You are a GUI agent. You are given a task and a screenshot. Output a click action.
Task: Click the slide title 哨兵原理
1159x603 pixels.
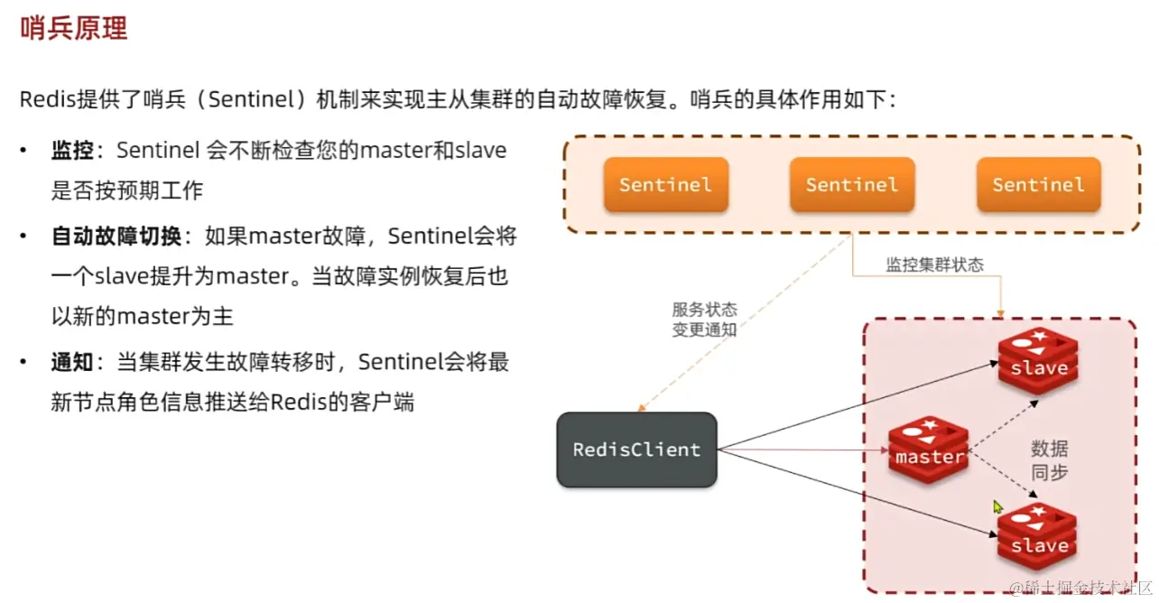coord(73,28)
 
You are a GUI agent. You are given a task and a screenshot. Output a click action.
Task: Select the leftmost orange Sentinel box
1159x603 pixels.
coord(665,185)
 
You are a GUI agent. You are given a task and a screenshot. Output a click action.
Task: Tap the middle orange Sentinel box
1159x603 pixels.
coord(852,185)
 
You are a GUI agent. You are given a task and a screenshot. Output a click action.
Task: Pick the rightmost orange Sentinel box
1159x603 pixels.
coord(1038,185)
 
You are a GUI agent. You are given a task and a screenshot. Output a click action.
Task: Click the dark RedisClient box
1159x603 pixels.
coord(636,450)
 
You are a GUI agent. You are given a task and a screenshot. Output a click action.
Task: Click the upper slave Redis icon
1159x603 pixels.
coord(1038,361)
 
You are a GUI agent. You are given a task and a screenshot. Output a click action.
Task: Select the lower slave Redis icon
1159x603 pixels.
coord(1038,538)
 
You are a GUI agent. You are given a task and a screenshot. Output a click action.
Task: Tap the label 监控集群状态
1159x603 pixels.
coord(934,264)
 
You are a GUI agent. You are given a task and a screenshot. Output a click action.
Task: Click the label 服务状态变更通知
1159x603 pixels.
coord(704,320)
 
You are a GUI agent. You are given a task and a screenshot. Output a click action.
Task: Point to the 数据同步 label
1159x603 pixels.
coord(1049,459)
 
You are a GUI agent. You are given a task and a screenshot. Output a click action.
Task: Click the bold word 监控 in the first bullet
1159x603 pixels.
coord(72,150)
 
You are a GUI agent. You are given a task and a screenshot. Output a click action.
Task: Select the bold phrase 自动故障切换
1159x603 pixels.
coord(117,237)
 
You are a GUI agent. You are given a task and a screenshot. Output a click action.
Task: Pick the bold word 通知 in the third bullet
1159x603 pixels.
coord(72,362)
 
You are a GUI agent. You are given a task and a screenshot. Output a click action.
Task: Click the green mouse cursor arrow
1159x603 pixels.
coord(997,507)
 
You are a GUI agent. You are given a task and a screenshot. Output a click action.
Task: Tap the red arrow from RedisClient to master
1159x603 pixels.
coord(803,449)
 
